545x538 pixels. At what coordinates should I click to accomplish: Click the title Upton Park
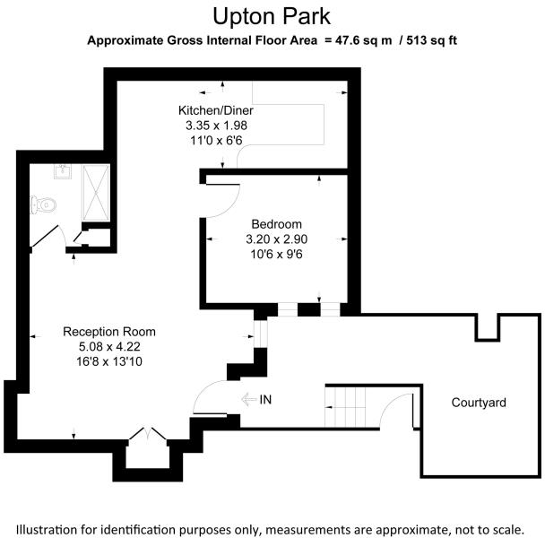click(x=272, y=16)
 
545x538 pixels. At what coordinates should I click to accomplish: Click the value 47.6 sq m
click(x=359, y=40)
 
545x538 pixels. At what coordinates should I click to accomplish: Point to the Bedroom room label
click(x=276, y=224)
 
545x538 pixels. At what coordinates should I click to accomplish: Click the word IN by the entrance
click(x=265, y=399)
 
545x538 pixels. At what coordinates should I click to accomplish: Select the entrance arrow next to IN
click(x=247, y=399)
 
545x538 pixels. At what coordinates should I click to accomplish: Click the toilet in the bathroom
click(x=43, y=205)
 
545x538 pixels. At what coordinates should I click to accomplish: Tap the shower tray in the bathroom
click(x=94, y=194)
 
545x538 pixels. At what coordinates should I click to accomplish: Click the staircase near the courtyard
click(x=346, y=405)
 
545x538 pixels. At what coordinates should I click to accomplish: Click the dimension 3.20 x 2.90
click(x=276, y=239)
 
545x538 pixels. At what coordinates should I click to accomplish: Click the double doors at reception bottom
click(x=145, y=436)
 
